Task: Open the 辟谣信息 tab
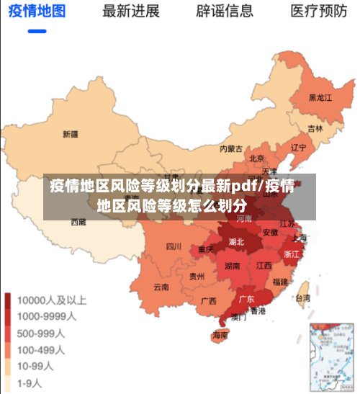coord(225,11)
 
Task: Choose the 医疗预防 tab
coord(318,11)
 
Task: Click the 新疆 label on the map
coord(70,133)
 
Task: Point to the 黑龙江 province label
coord(320,97)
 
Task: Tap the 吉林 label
coord(315,128)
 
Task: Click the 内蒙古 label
coord(231,149)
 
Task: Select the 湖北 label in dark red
coord(236,242)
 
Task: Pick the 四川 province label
coord(174,246)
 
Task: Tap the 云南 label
coord(161,287)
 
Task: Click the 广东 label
coord(246,299)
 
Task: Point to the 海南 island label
coord(220,335)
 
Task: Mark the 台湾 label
coord(303,297)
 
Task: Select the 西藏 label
coord(78,223)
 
